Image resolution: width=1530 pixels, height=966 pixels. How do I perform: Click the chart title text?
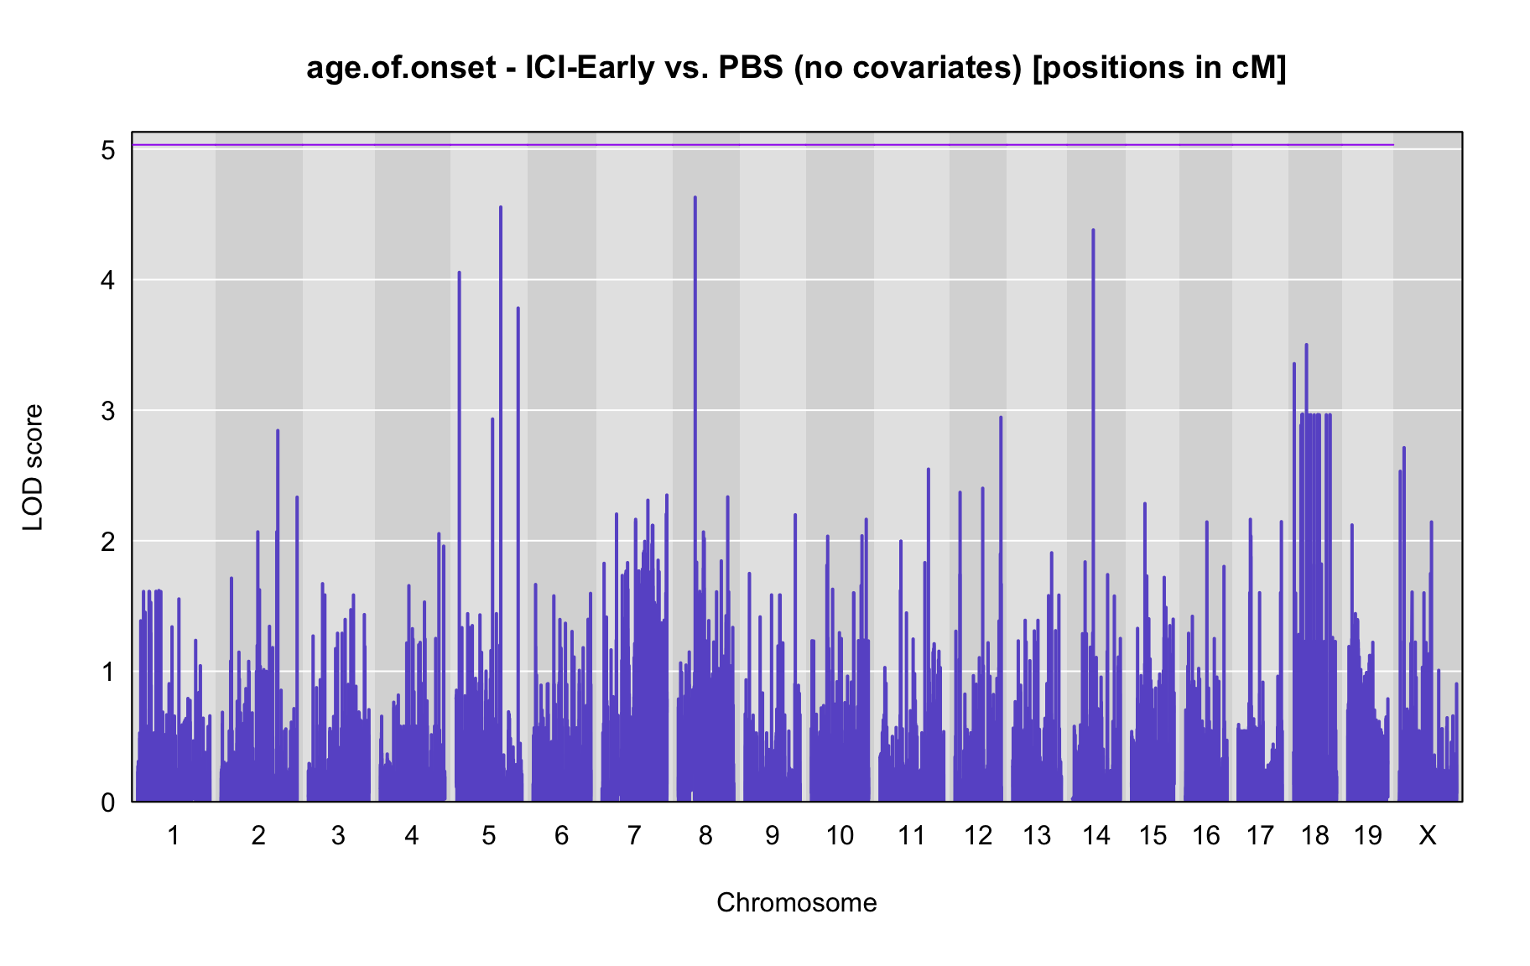click(x=796, y=68)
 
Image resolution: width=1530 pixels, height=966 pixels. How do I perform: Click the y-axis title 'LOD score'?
click(x=33, y=467)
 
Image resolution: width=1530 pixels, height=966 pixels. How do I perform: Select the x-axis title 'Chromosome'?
click(x=796, y=902)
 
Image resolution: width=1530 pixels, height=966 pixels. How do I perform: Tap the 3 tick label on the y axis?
click(x=108, y=411)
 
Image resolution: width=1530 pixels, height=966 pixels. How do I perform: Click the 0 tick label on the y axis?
click(x=108, y=802)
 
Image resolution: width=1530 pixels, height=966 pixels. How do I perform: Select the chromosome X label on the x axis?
click(x=1427, y=835)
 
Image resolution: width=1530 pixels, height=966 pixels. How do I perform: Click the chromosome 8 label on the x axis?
click(x=705, y=835)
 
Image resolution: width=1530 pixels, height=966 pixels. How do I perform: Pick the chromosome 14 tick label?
click(x=1095, y=835)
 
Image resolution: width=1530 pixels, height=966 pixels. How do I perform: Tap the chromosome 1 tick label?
click(x=174, y=835)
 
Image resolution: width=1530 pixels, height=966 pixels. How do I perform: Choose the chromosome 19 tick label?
click(x=1367, y=835)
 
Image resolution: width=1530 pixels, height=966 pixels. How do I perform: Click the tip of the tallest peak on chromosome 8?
click(x=695, y=197)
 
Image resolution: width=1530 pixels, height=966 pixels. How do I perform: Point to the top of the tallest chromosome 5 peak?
click(x=501, y=207)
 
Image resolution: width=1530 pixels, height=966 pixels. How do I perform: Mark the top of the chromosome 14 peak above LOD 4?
click(x=1093, y=230)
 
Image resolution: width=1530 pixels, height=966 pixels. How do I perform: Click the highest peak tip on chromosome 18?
click(x=1306, y=345)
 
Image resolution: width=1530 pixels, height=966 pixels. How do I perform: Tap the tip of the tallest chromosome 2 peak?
click(x=278, y=430)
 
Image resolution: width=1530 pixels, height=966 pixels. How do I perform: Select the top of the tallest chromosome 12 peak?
click(x=1001, y=417)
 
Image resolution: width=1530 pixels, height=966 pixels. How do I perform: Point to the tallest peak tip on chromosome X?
click(x=1404, y=448)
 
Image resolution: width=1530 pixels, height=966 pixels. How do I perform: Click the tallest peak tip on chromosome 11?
click(x=928, y=469)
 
